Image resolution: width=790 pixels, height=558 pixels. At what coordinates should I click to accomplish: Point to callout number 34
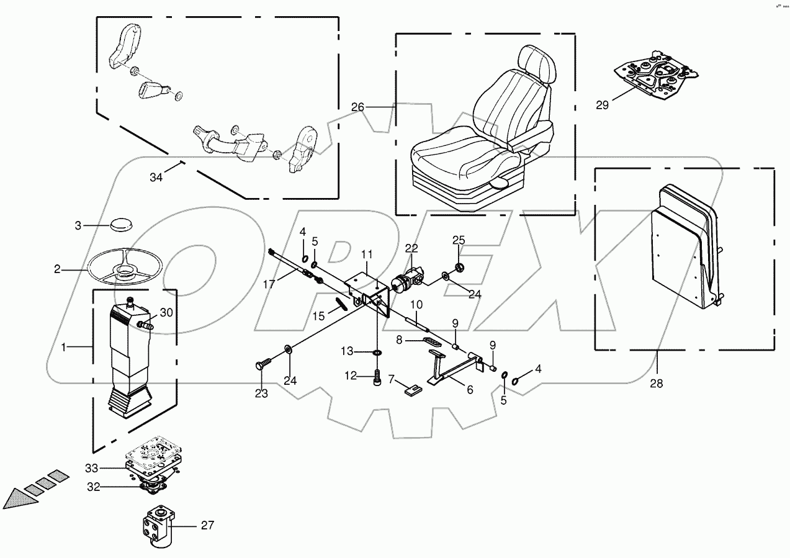coord(156,178)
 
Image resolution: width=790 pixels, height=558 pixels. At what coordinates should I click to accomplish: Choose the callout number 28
coord(656,384)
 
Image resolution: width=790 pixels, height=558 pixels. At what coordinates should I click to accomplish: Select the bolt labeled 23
coord(263,366)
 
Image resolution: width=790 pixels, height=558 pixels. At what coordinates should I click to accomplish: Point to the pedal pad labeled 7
coord(412,390)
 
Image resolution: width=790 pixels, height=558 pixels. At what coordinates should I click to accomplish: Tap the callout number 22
coord(411,248)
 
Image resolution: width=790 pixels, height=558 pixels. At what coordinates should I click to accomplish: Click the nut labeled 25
coord(460,268)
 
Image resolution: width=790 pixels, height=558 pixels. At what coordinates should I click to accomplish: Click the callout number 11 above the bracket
coord(367,254)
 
